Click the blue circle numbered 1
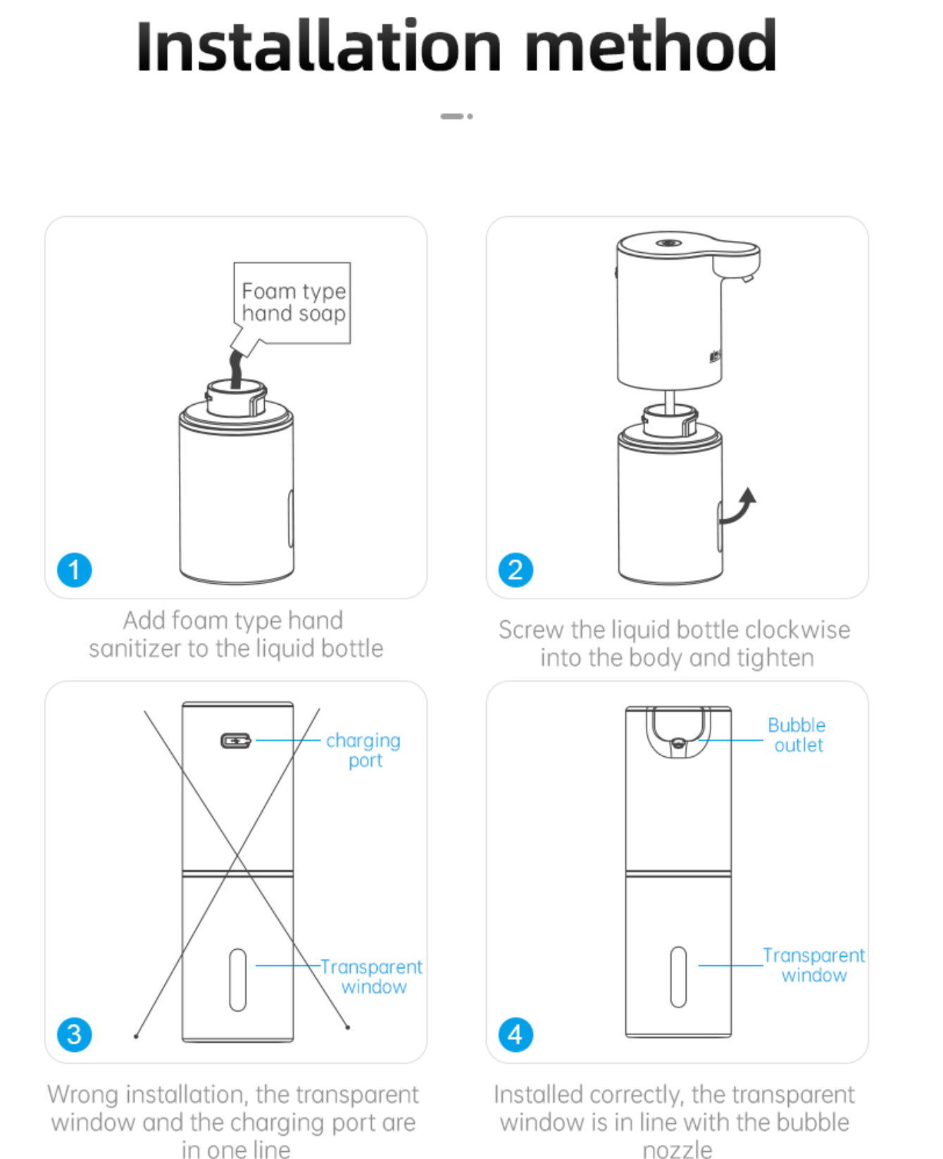(74, 570)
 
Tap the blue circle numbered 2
(516, 570)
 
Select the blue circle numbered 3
(74, 1034)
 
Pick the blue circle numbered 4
(516, 1034)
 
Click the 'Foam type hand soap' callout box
(293, 302)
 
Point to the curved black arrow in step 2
(739, 507)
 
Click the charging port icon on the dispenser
(236, 741)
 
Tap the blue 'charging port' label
(363, 750)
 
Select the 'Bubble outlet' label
(797, 735)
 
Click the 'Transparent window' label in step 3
(372, 977)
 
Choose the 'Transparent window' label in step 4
(814, 965)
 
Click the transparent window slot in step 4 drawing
(678, 977)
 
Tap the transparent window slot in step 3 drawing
(238, 979)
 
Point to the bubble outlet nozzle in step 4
(678, 742)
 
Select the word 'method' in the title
(651, 48)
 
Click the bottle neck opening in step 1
(236, 387)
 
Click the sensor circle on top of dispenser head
(668, 243)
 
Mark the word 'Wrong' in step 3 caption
(83, 1094)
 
